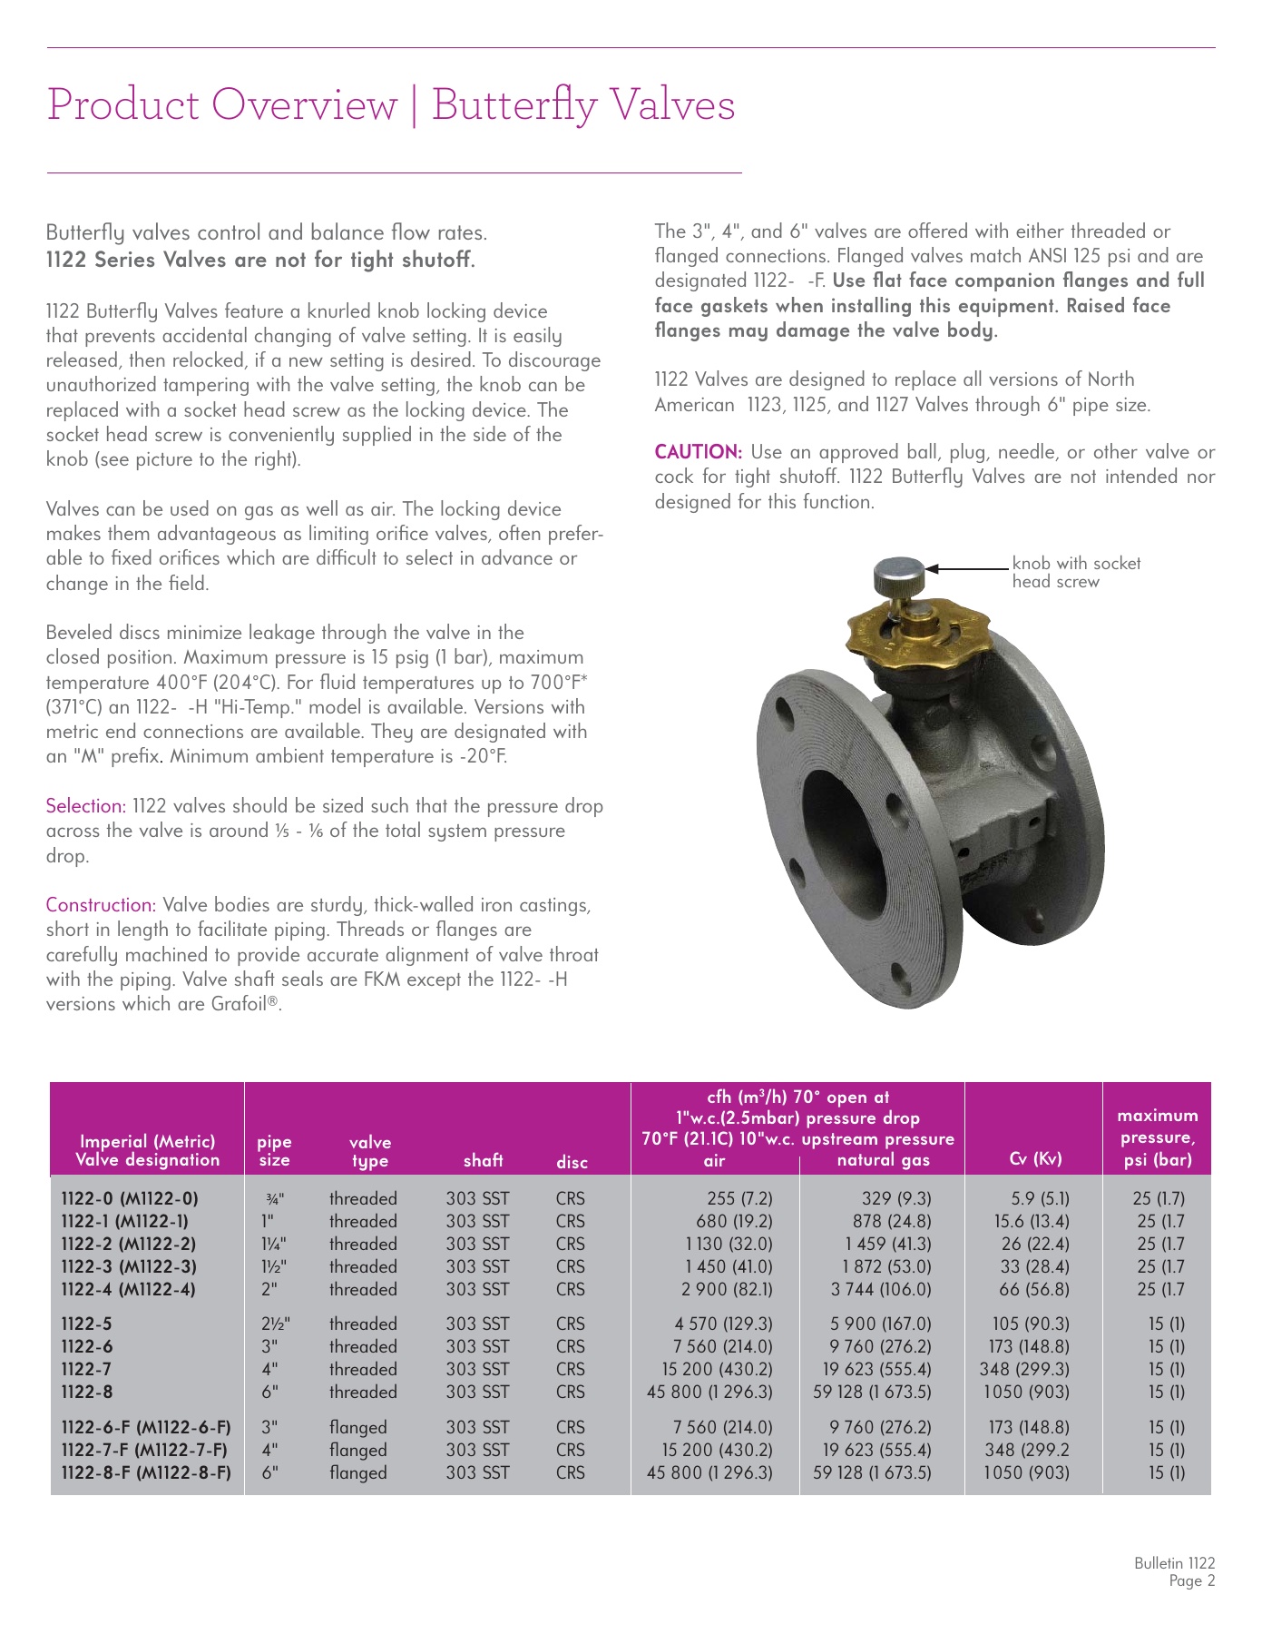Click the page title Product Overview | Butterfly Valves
pyautogui.click(x=390, y=104)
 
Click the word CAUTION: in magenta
pyautogui.click(x=699, y=452)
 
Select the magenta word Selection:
pyautogui.click(x=86, y=806)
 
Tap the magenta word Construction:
pyautogui.click(x=102, y=905)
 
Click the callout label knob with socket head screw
pyautogui.click(x=1076, y=573)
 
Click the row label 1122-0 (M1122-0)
pyautogui.click(x=130, y=1198)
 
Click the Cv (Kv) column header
pyautogui.click(x=1034, y=1158)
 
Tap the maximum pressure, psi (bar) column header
pyautogui.click(x=1158, y=1137)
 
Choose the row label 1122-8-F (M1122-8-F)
pyautogui.click(x=146, y=1472)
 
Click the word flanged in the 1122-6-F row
pyautogui.click(x=358, y=1427)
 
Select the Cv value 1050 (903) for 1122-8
pyautogui.click(x=1027, y=1392)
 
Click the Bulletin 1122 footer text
pyautogui.click(x=1174, y=1563)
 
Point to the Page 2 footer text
pyautogui.click(x=1192, y=1581)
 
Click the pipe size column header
pyautogui.click(x=275, y=1150)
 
